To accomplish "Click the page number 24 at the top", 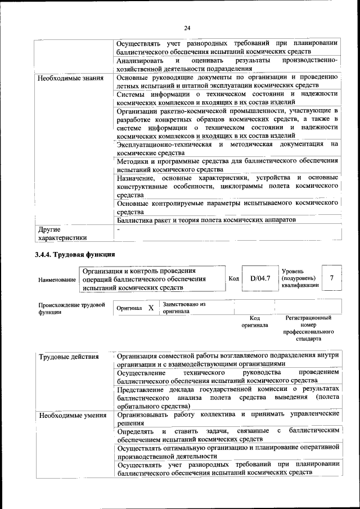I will click(187, 28).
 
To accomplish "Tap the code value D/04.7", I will click(260, 278).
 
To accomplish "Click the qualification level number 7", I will click(332, 278).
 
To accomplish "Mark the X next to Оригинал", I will click(151, 308).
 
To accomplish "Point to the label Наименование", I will click(57, 280).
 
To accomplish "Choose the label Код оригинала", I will click(254, 321).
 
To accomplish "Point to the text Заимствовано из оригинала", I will click(184, 308).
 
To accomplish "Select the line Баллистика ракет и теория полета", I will click(206, 220).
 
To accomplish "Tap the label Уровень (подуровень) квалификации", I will click(300, 278).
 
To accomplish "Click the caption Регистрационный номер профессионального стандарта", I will click(308, 328).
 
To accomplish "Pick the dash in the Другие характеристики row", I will click(119, 229).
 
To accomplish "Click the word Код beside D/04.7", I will click(234, 278).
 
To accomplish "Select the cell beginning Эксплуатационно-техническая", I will click(227, 148).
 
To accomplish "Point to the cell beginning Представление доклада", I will click(227, 397).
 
